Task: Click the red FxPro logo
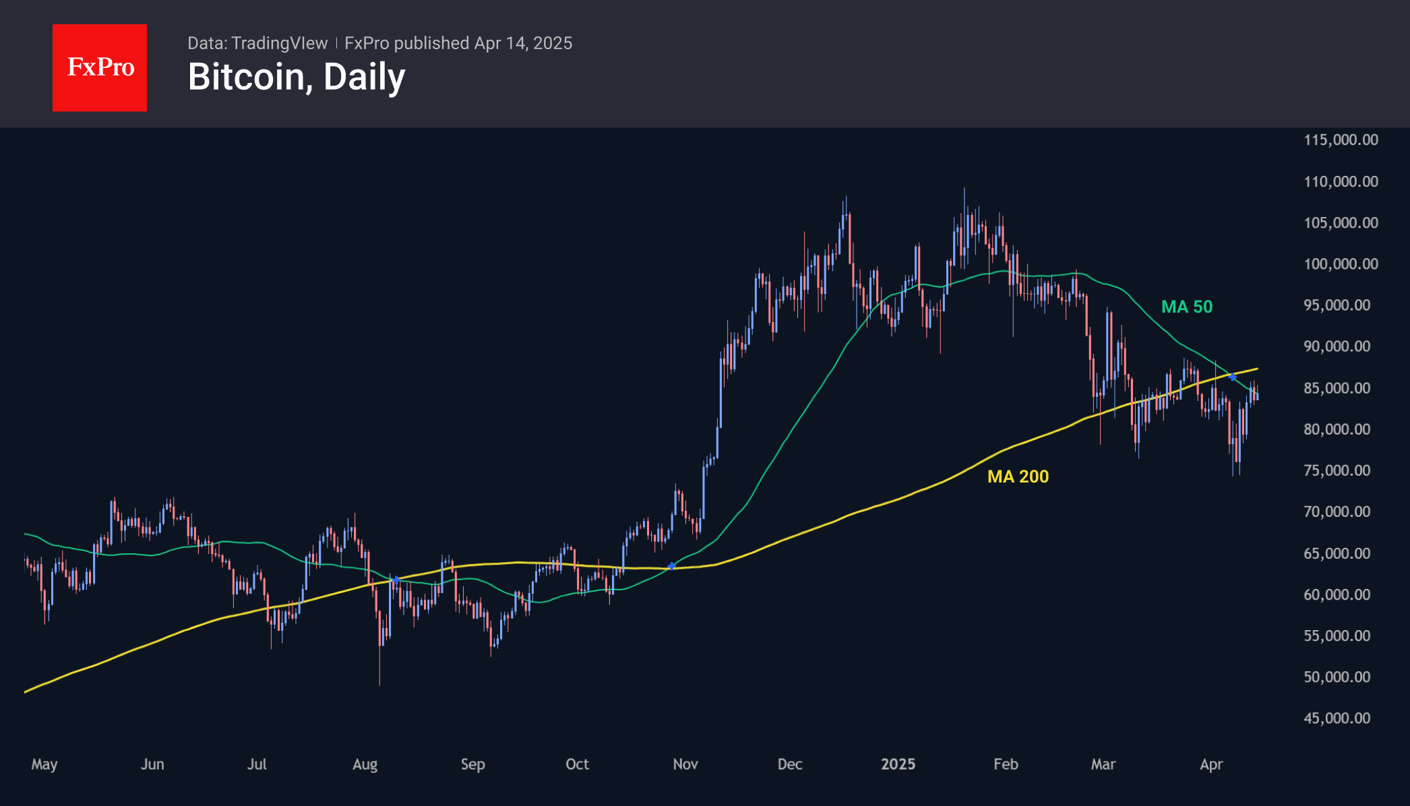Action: pyautogui.click(x=100, y=68)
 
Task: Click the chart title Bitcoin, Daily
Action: pyautogui.click(x=297, y=77)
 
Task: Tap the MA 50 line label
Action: pyautogui.click(x=1186, y=307)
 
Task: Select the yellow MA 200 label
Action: pyautogui.click(x=1018, y=476)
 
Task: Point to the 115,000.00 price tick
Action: pyautogui.click(x=1341, y=140)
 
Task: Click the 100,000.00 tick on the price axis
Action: pyautogui.click(x=1341, y=264)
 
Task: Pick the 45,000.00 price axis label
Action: pyautogui.click(x=1337, y=718)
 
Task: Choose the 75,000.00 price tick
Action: pyautogui.click(x=1337, y=470)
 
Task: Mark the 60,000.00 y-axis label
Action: pyautogui.click(x=1337, y=594)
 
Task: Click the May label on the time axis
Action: pyautogui.click(x=44, y=764)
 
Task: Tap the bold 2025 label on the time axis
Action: pyautogui.click(x=898, y=764)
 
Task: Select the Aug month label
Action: pyautogui.click(x=365, y=764)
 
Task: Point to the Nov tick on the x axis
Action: pyautogui.click(x=685, y=764)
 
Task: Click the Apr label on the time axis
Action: pyautogui.click(x=1211, y=764)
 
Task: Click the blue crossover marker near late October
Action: pyautogui.click(x=671, y=566)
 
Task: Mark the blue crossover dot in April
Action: pyautogui.click(x=1232, y=377)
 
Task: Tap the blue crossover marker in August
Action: pyautogui.click(x=396, y=580)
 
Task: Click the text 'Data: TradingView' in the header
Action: pyautogui.click(x=257, y=43)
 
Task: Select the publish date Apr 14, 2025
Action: pyautogui.click(x=523, y=43)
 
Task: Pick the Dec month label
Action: pyautogui.click(x=790, y=764)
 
